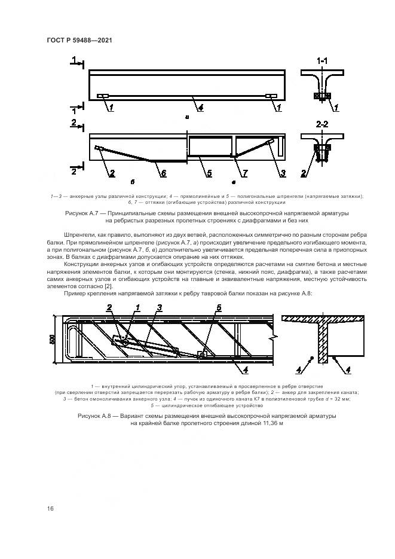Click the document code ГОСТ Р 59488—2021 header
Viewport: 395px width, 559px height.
pyautogui.click(x=79, y=40)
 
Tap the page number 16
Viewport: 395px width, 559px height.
pyautogui.click(x=50, y=508)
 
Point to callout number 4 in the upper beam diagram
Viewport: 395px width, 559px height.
pyautogui.click(x=201, y=108)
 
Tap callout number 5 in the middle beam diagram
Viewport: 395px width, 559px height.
pyautogui.click(x=209, y=173)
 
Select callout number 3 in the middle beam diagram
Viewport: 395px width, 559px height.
pyautogui.click(x=283, y=173)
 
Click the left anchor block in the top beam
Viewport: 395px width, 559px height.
pyautogui.click(x=103, y=96)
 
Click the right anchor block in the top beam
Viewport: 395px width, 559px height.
pyautogui.click(x=271, y=96)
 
